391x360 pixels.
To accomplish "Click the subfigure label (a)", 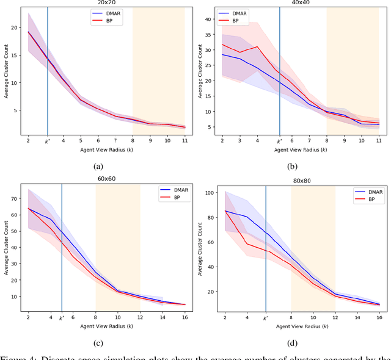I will [98, 166].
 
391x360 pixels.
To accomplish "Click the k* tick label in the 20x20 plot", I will [48, 141].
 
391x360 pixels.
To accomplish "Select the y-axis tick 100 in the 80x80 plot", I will [208, 193].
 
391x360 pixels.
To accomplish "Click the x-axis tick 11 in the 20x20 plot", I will [185, 141].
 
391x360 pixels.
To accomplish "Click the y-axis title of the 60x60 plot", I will [6, 247].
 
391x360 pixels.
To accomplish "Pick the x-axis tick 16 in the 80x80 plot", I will [379, 319].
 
